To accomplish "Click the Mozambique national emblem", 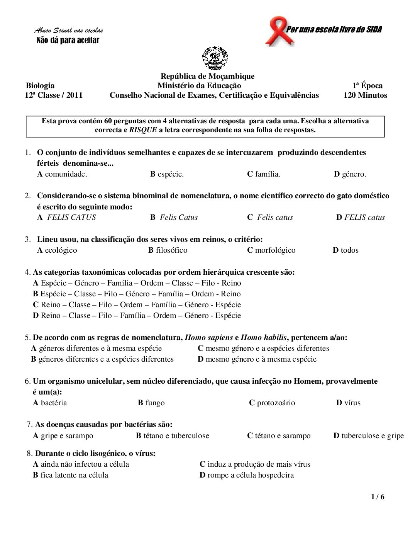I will pyautogui.click(x=215, y=58).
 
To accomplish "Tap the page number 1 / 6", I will pyautogui.click(x=378, y=497).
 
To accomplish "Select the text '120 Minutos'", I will pyautogui.click(x=365, y=95).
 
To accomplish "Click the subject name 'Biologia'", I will pyautogui.click(x=40, y=86).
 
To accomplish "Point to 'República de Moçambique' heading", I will pyautogui.click(x=207, y=76).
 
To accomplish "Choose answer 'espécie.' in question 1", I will pyautogui.click(x=170, y=174).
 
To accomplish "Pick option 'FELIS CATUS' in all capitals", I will pyautogui.click(x=71, y=218).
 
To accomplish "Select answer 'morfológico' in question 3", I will pyautogui.click(x=275, y=250).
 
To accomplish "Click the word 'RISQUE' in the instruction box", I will pyautogui.click(x=143, y=130).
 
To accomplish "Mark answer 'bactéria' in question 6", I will pyautogui.click(x=54, y=403).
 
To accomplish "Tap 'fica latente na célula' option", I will pyautogui.click(x=74, y=475).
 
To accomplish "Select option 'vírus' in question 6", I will pyautogui.click(x=352, y=403).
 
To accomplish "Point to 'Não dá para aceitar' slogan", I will pyautogui.click(x=68, y=41).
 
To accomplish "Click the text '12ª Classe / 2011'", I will pyautogui.click(x=54, y=95).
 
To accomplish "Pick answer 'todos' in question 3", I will pyautogui.click(x=349, y=250).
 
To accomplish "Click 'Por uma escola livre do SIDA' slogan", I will pyautogui.click(x=334, y=30).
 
